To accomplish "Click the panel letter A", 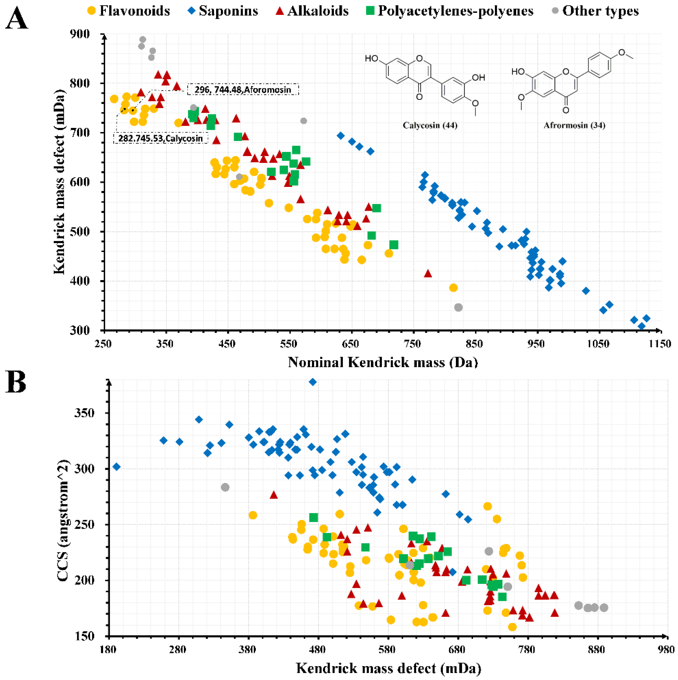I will [17, 19].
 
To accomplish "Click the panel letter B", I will [16, 383].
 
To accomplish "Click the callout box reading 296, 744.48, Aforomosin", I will [243, 89].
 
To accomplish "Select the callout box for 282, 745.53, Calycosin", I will [161, 138].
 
